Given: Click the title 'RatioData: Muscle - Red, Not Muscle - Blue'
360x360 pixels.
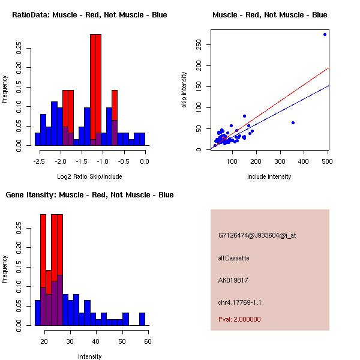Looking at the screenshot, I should click(89, 14).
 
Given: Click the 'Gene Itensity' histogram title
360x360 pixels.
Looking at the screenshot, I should click(89, 195).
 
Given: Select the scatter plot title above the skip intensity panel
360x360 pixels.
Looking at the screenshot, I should click(270, 14).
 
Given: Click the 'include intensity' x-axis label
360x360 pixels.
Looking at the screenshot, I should click(269, 176).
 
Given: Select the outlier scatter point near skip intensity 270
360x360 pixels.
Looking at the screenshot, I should click(325, 34).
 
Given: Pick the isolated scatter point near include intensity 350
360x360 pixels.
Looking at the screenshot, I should click(293, 122).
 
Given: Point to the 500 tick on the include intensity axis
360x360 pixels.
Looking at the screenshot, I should click(327, 161).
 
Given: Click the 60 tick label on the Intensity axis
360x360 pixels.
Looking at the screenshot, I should click(147, 341).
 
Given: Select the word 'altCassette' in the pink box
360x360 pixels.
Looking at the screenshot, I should click(233, 258).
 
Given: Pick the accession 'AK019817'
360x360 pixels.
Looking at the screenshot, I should click(233, 280).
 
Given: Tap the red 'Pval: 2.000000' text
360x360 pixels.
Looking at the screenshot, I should click(239, 319).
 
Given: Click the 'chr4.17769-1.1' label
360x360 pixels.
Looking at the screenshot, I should click(239, 302).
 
